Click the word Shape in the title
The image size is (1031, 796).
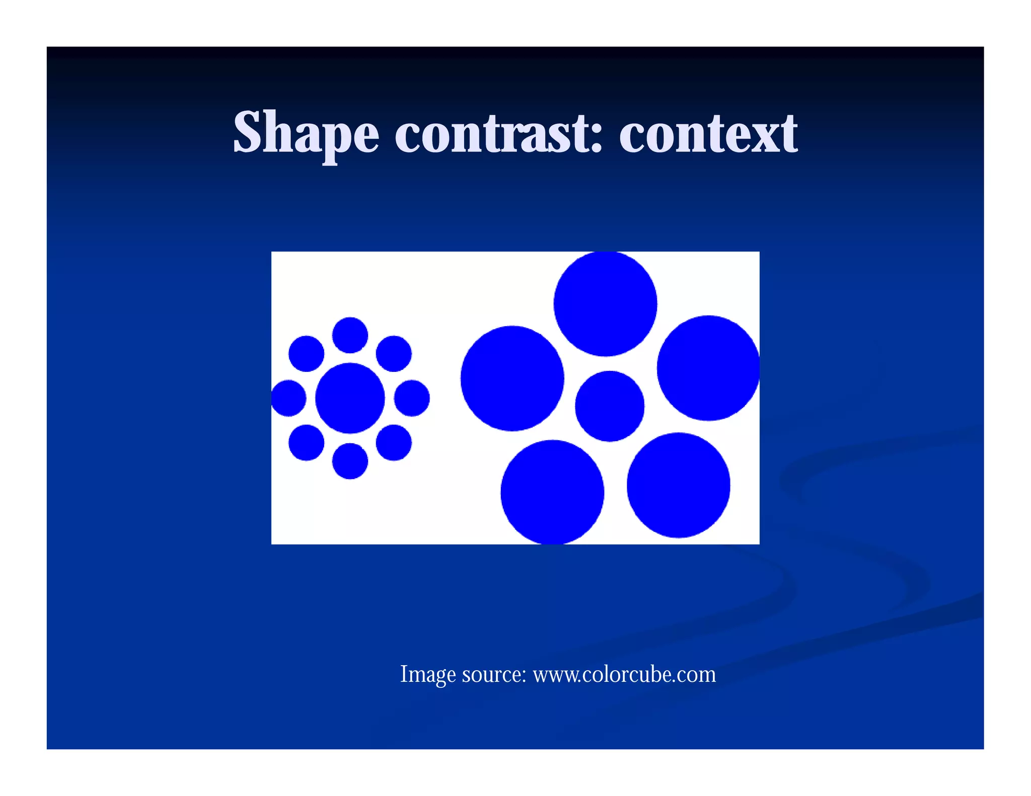[x=306, y=133]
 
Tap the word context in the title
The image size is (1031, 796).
[x=708, y=133]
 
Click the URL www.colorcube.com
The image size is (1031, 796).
[x=624, y=674]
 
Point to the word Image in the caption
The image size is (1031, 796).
[x=428, y=674]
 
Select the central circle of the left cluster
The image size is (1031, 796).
[x=350, y=398]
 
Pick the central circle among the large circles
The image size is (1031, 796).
[x=610, y=406]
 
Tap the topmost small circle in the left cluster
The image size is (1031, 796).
[x=350, y=335]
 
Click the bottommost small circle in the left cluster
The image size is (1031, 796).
[x=350, y=461]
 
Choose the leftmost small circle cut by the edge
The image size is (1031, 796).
[x=288, y=398]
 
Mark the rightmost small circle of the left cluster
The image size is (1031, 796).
[x=412, y=398]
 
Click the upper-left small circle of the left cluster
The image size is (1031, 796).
[x=306, y=354]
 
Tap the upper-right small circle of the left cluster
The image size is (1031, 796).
[x=394, y=354]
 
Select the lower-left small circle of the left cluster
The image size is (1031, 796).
[x=306, y=442]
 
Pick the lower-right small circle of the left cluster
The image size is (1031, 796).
[x=394, y=442]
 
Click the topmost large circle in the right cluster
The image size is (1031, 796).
[x=605, y=304]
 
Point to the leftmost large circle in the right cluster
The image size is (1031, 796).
[x=512, y=378]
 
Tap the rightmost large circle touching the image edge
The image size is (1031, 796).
[x=708, y=368]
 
